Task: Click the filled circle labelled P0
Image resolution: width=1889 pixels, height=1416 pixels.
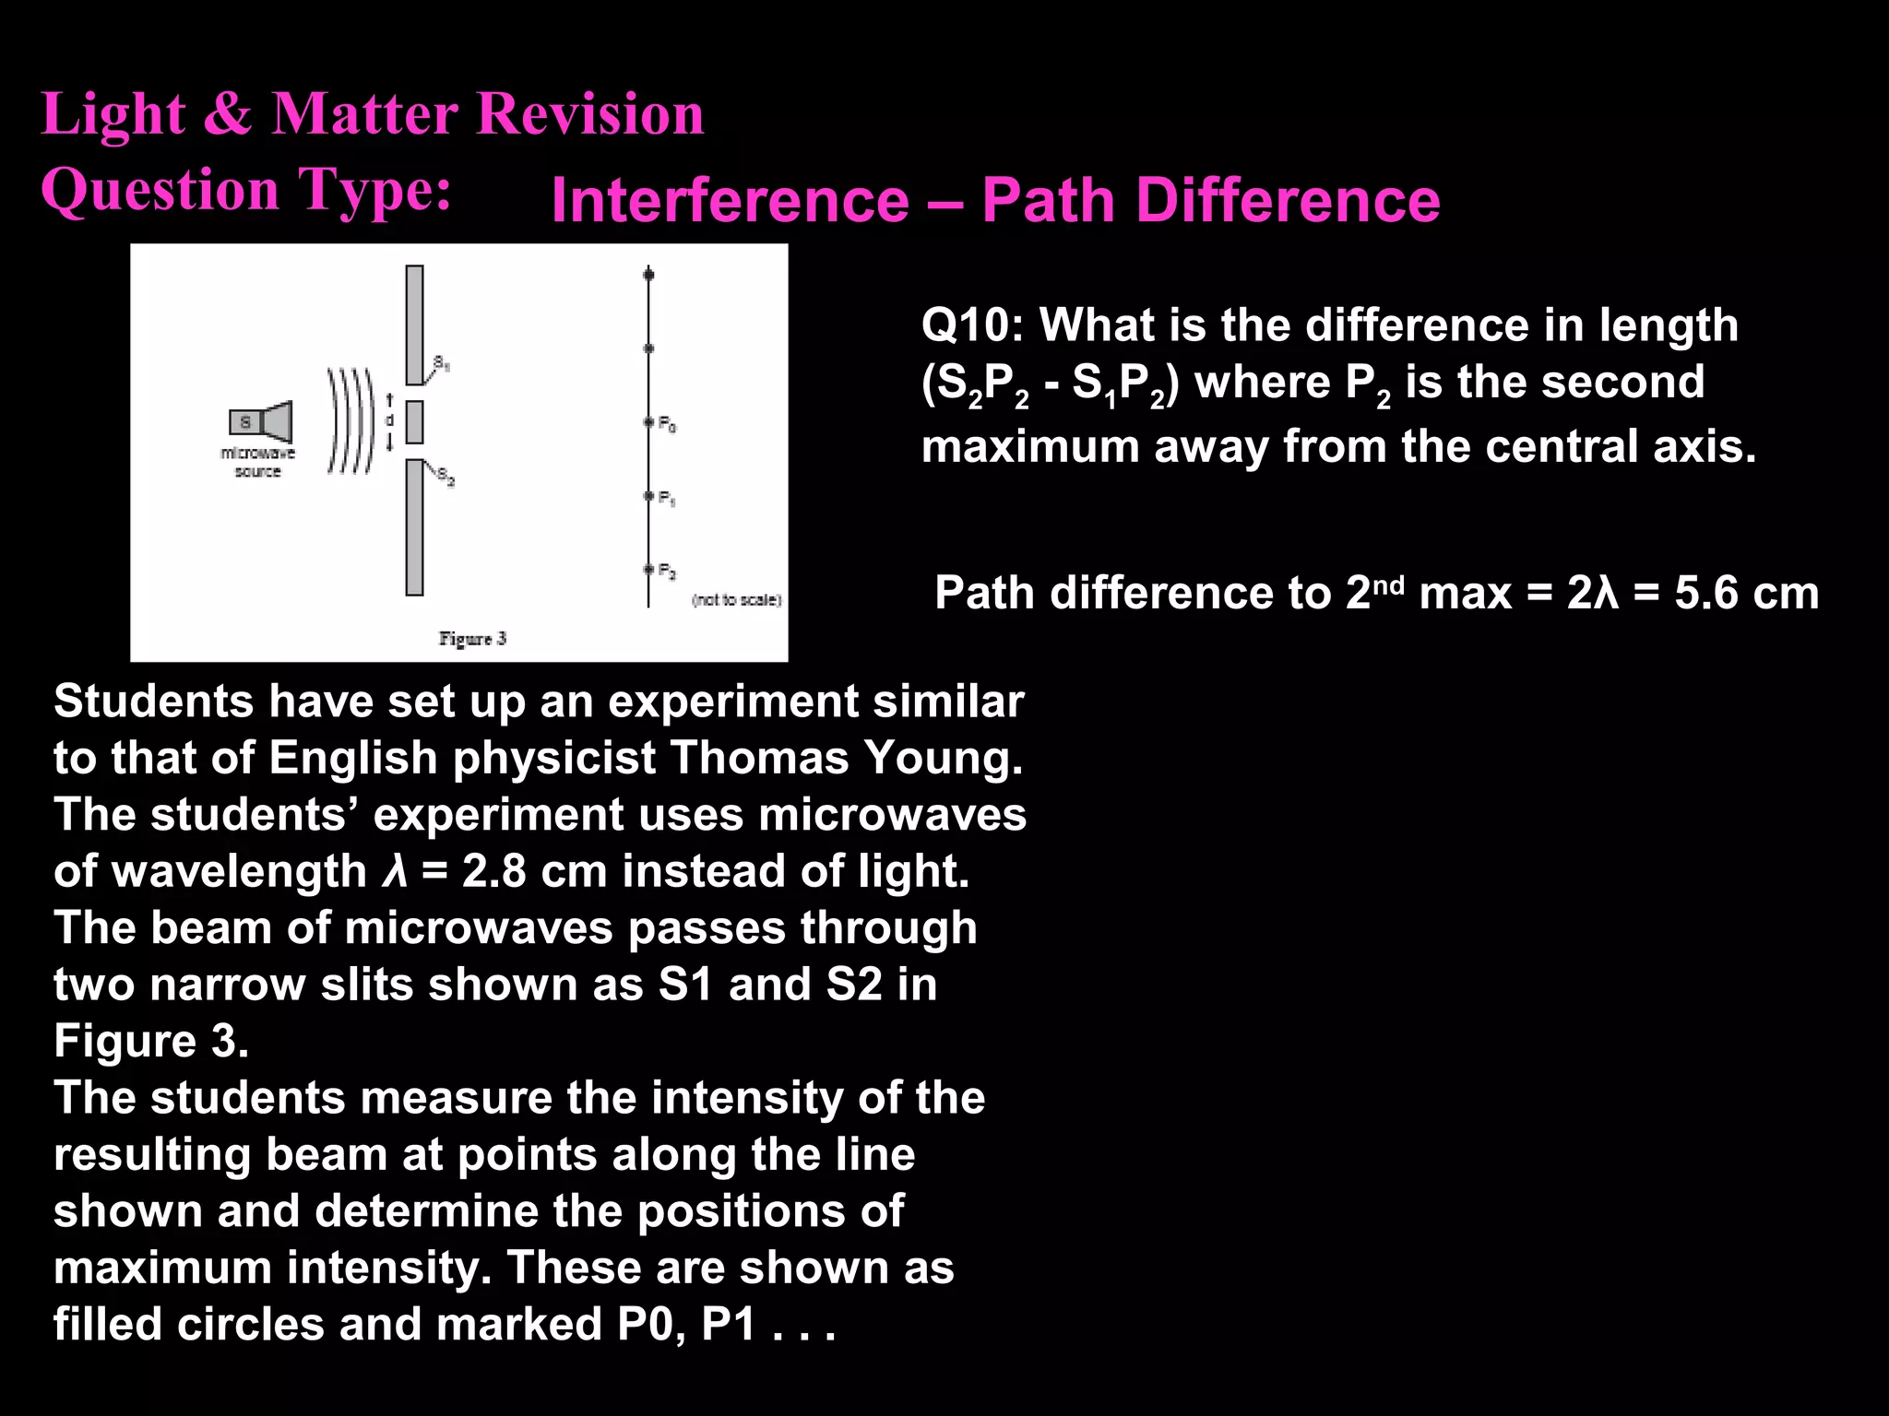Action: [648, 422]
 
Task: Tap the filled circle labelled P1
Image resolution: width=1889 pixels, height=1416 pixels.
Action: [648, 496]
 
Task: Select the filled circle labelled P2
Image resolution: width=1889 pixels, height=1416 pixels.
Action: [648, 570]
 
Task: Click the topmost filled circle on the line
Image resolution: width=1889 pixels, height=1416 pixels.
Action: [648, 275]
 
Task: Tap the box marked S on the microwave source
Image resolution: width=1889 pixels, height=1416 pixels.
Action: [245, 422]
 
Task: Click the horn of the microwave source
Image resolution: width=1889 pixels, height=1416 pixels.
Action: [278, 422]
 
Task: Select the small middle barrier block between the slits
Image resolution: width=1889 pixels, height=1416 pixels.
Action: [414, 422]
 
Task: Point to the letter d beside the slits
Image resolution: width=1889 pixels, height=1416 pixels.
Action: [389, 420]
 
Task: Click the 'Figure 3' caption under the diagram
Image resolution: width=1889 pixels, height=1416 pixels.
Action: [472, 638]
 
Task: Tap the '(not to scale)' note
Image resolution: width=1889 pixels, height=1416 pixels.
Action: [736, 600]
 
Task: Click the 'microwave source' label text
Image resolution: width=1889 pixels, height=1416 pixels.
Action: [257, 462]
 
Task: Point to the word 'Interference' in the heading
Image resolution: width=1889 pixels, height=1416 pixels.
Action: [730, 200]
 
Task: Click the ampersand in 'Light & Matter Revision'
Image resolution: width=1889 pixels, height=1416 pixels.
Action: [227, 114]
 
